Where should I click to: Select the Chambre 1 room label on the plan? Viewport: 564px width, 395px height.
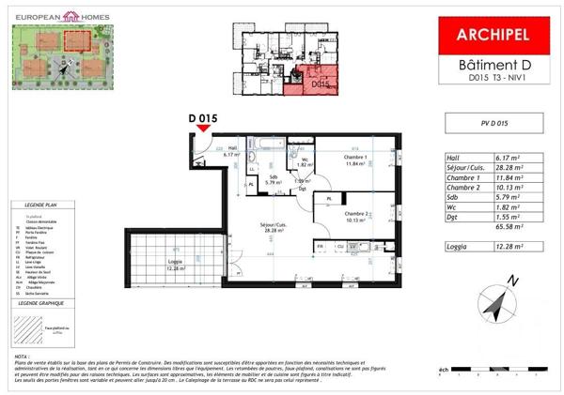click(353, 160)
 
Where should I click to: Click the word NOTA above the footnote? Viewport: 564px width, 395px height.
click(22, 357)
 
